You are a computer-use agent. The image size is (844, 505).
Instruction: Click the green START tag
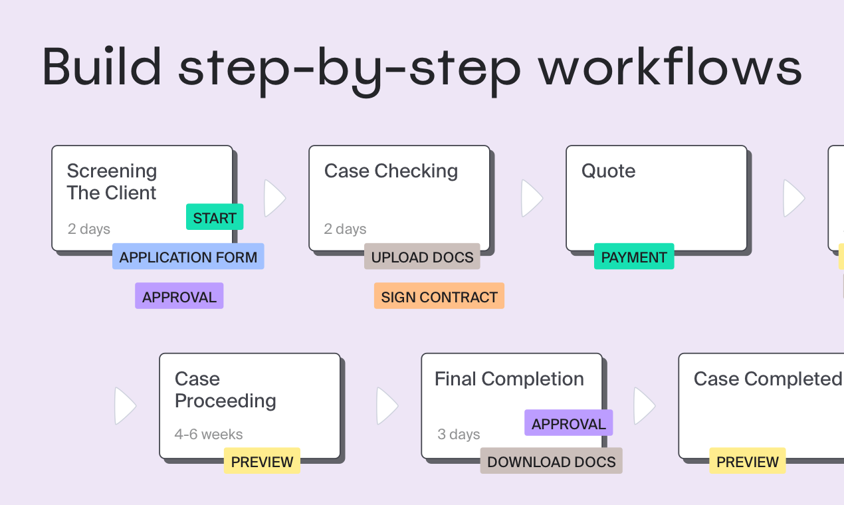[215, 217]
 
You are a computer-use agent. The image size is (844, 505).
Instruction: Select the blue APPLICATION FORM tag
[188, 256]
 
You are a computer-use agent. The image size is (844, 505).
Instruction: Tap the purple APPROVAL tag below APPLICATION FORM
[179, 296]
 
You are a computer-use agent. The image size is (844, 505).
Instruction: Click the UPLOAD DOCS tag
[422, 256]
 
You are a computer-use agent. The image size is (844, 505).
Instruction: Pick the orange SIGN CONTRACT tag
[439, 296]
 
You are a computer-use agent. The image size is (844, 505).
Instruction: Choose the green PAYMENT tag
[634, 256]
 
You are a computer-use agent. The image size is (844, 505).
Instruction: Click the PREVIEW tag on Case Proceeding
[262, 461]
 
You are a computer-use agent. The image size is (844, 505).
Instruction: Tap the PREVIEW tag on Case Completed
[748, 461]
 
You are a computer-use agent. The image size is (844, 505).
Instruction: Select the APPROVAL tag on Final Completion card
[568, 423]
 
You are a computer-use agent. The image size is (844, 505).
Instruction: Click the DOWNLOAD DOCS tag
[552, 461]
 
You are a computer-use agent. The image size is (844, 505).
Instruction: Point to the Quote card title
[608, 171]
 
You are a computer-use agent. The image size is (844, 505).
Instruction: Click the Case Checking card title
[391, 171]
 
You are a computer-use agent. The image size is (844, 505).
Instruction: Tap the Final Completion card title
[509, 379]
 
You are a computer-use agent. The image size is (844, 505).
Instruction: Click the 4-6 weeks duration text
[209, 434]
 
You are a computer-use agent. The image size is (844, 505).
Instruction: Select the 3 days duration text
[459, 434]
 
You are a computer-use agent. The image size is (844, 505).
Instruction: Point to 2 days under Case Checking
[345, 229]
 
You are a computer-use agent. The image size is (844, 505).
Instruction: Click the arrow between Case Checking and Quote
[532, 198]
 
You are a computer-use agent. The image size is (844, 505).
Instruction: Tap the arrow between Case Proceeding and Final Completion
[387, 406]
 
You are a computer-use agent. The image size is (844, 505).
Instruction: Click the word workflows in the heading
[670, 66]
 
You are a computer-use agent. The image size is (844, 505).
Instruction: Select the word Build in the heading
[102, 66]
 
